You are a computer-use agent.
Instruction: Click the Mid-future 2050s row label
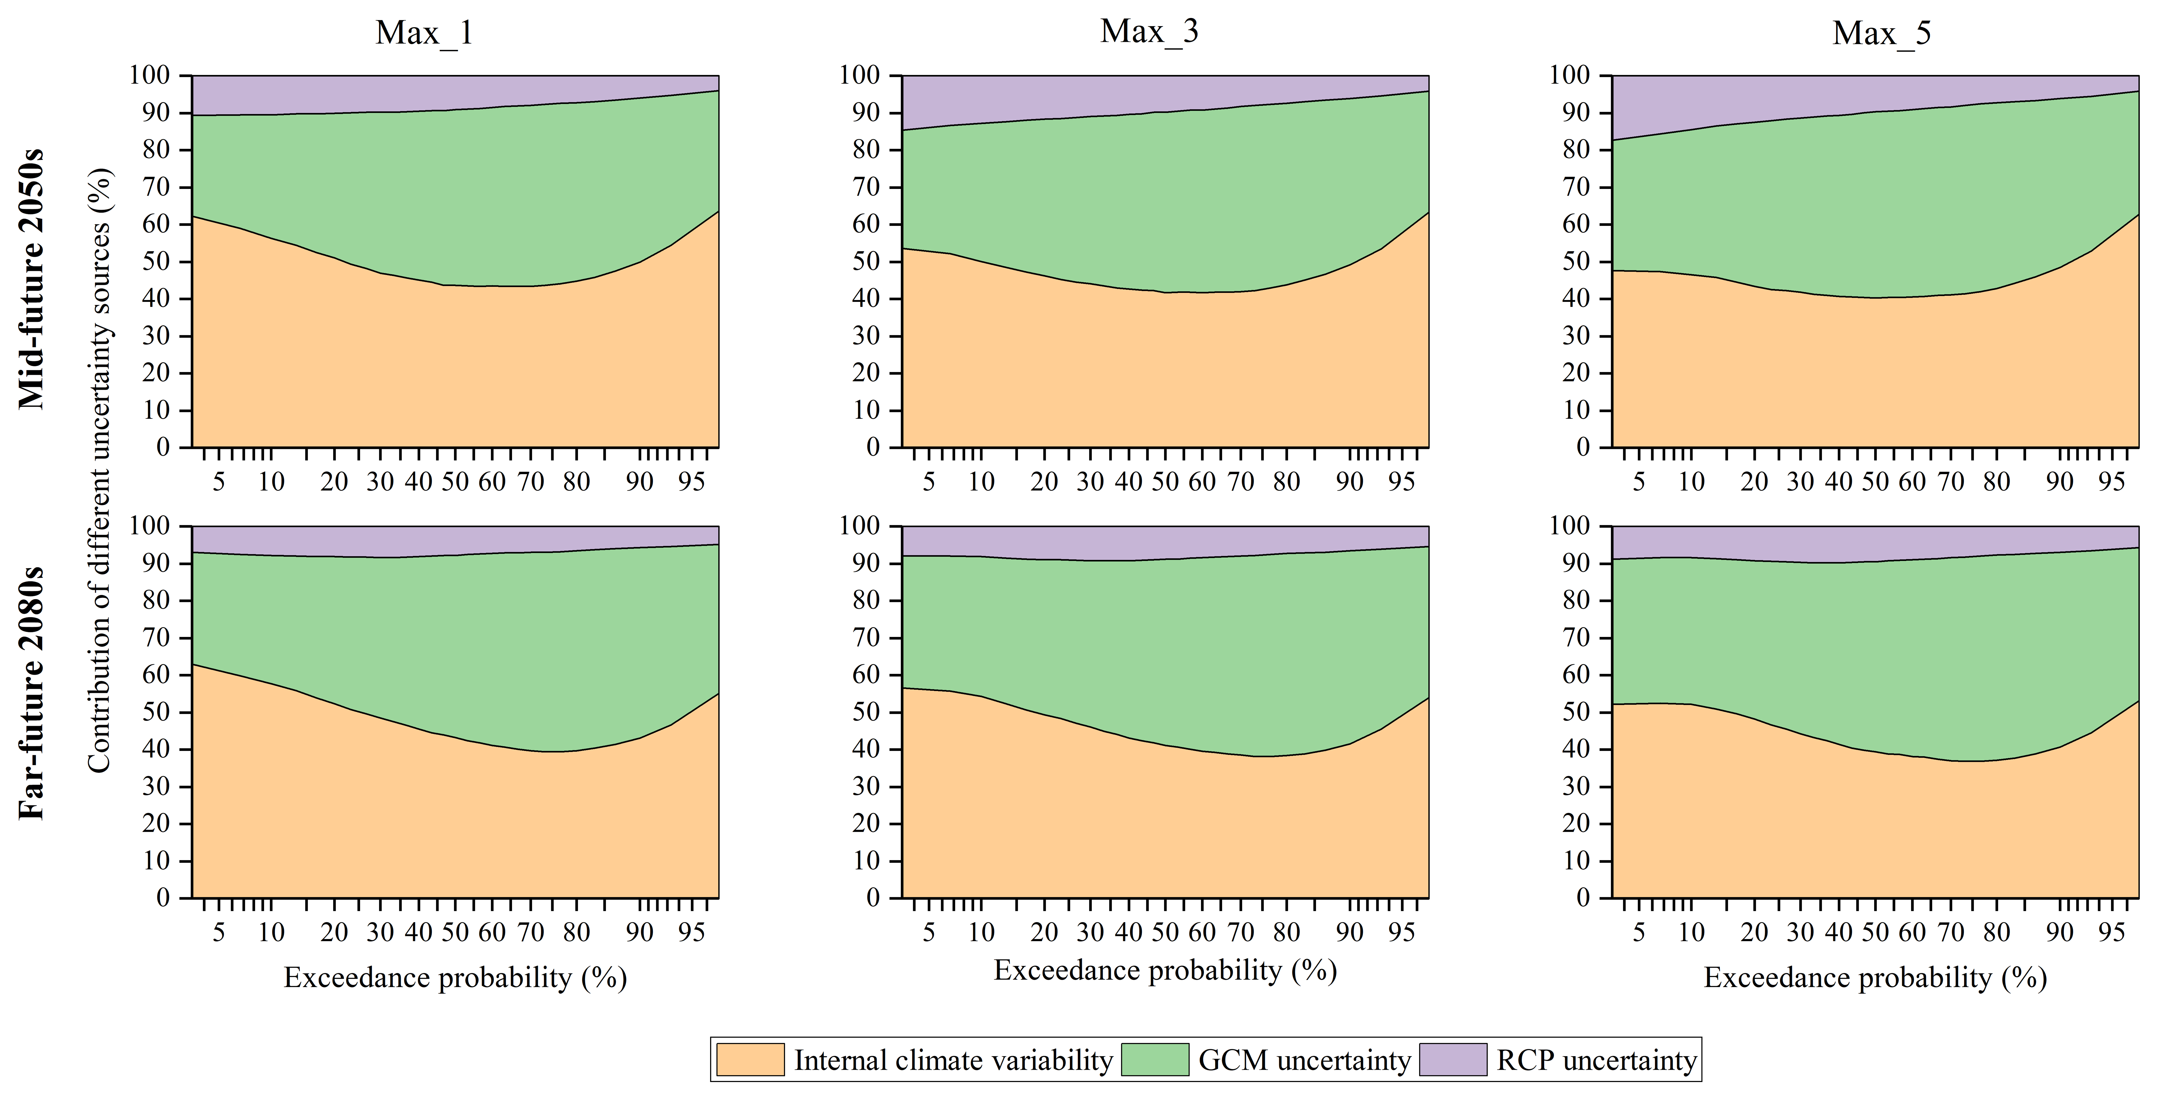point(32,279)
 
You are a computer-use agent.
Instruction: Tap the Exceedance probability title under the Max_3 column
point(1164,970)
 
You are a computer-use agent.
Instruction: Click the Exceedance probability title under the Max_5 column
point(1875,978)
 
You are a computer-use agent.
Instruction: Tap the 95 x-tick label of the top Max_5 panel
point(2112,482)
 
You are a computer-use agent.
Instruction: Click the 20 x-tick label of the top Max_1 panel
point(334,482)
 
